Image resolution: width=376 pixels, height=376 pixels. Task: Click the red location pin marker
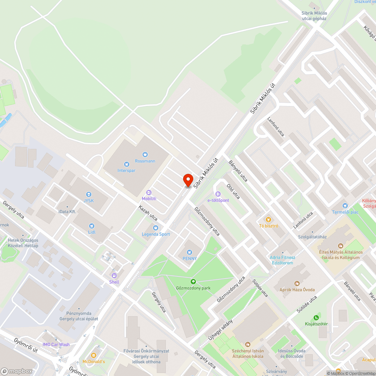click(188, 180)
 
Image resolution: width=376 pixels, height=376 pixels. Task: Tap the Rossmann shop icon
click(145, 154)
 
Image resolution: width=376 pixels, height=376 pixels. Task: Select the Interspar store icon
click(126, 164)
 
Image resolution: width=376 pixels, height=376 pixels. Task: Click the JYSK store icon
click(89, 194)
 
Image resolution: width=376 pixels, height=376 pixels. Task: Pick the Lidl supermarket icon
click(92, 226)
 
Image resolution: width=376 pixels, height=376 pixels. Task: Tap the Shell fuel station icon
click(114, 276)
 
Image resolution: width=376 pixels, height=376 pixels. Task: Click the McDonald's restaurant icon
click(94, 355)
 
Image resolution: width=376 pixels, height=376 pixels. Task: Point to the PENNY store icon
click(190, 252)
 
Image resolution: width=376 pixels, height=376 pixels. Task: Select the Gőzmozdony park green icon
click(193, 282)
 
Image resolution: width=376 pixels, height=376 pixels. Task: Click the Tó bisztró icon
click(268, 219)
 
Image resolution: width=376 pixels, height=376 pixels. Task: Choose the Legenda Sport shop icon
click(156, 227)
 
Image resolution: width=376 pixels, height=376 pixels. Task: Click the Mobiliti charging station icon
click(149, 192)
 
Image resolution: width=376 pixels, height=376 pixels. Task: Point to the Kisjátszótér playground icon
click(316, 318)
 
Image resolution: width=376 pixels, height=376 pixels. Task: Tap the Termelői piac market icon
click(345, 206)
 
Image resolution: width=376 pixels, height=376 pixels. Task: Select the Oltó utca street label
click(233, 190)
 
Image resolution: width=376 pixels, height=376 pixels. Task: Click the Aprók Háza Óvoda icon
click(297, 283)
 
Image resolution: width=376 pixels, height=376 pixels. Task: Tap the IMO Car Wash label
click(56, 344)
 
